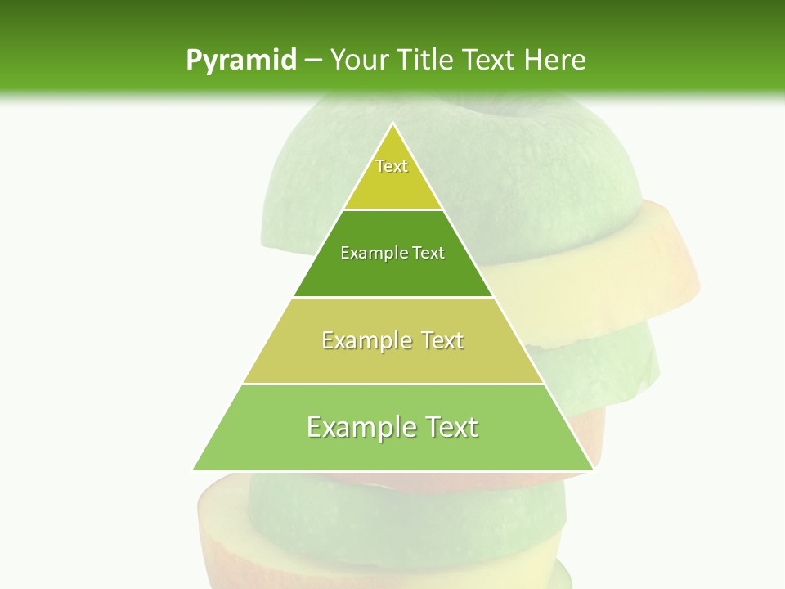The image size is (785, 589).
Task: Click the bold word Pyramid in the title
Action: (240, 60)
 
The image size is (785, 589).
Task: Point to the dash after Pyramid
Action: (313, 61)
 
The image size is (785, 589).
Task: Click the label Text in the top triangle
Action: (392, 166)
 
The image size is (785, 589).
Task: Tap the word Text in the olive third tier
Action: (442, 340)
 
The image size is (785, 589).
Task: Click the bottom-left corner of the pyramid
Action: (194, 470)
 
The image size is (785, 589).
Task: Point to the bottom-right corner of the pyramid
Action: (592, 470)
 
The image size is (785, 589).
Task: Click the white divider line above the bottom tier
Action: (393, 384)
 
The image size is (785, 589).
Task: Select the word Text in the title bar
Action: (490, 60)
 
